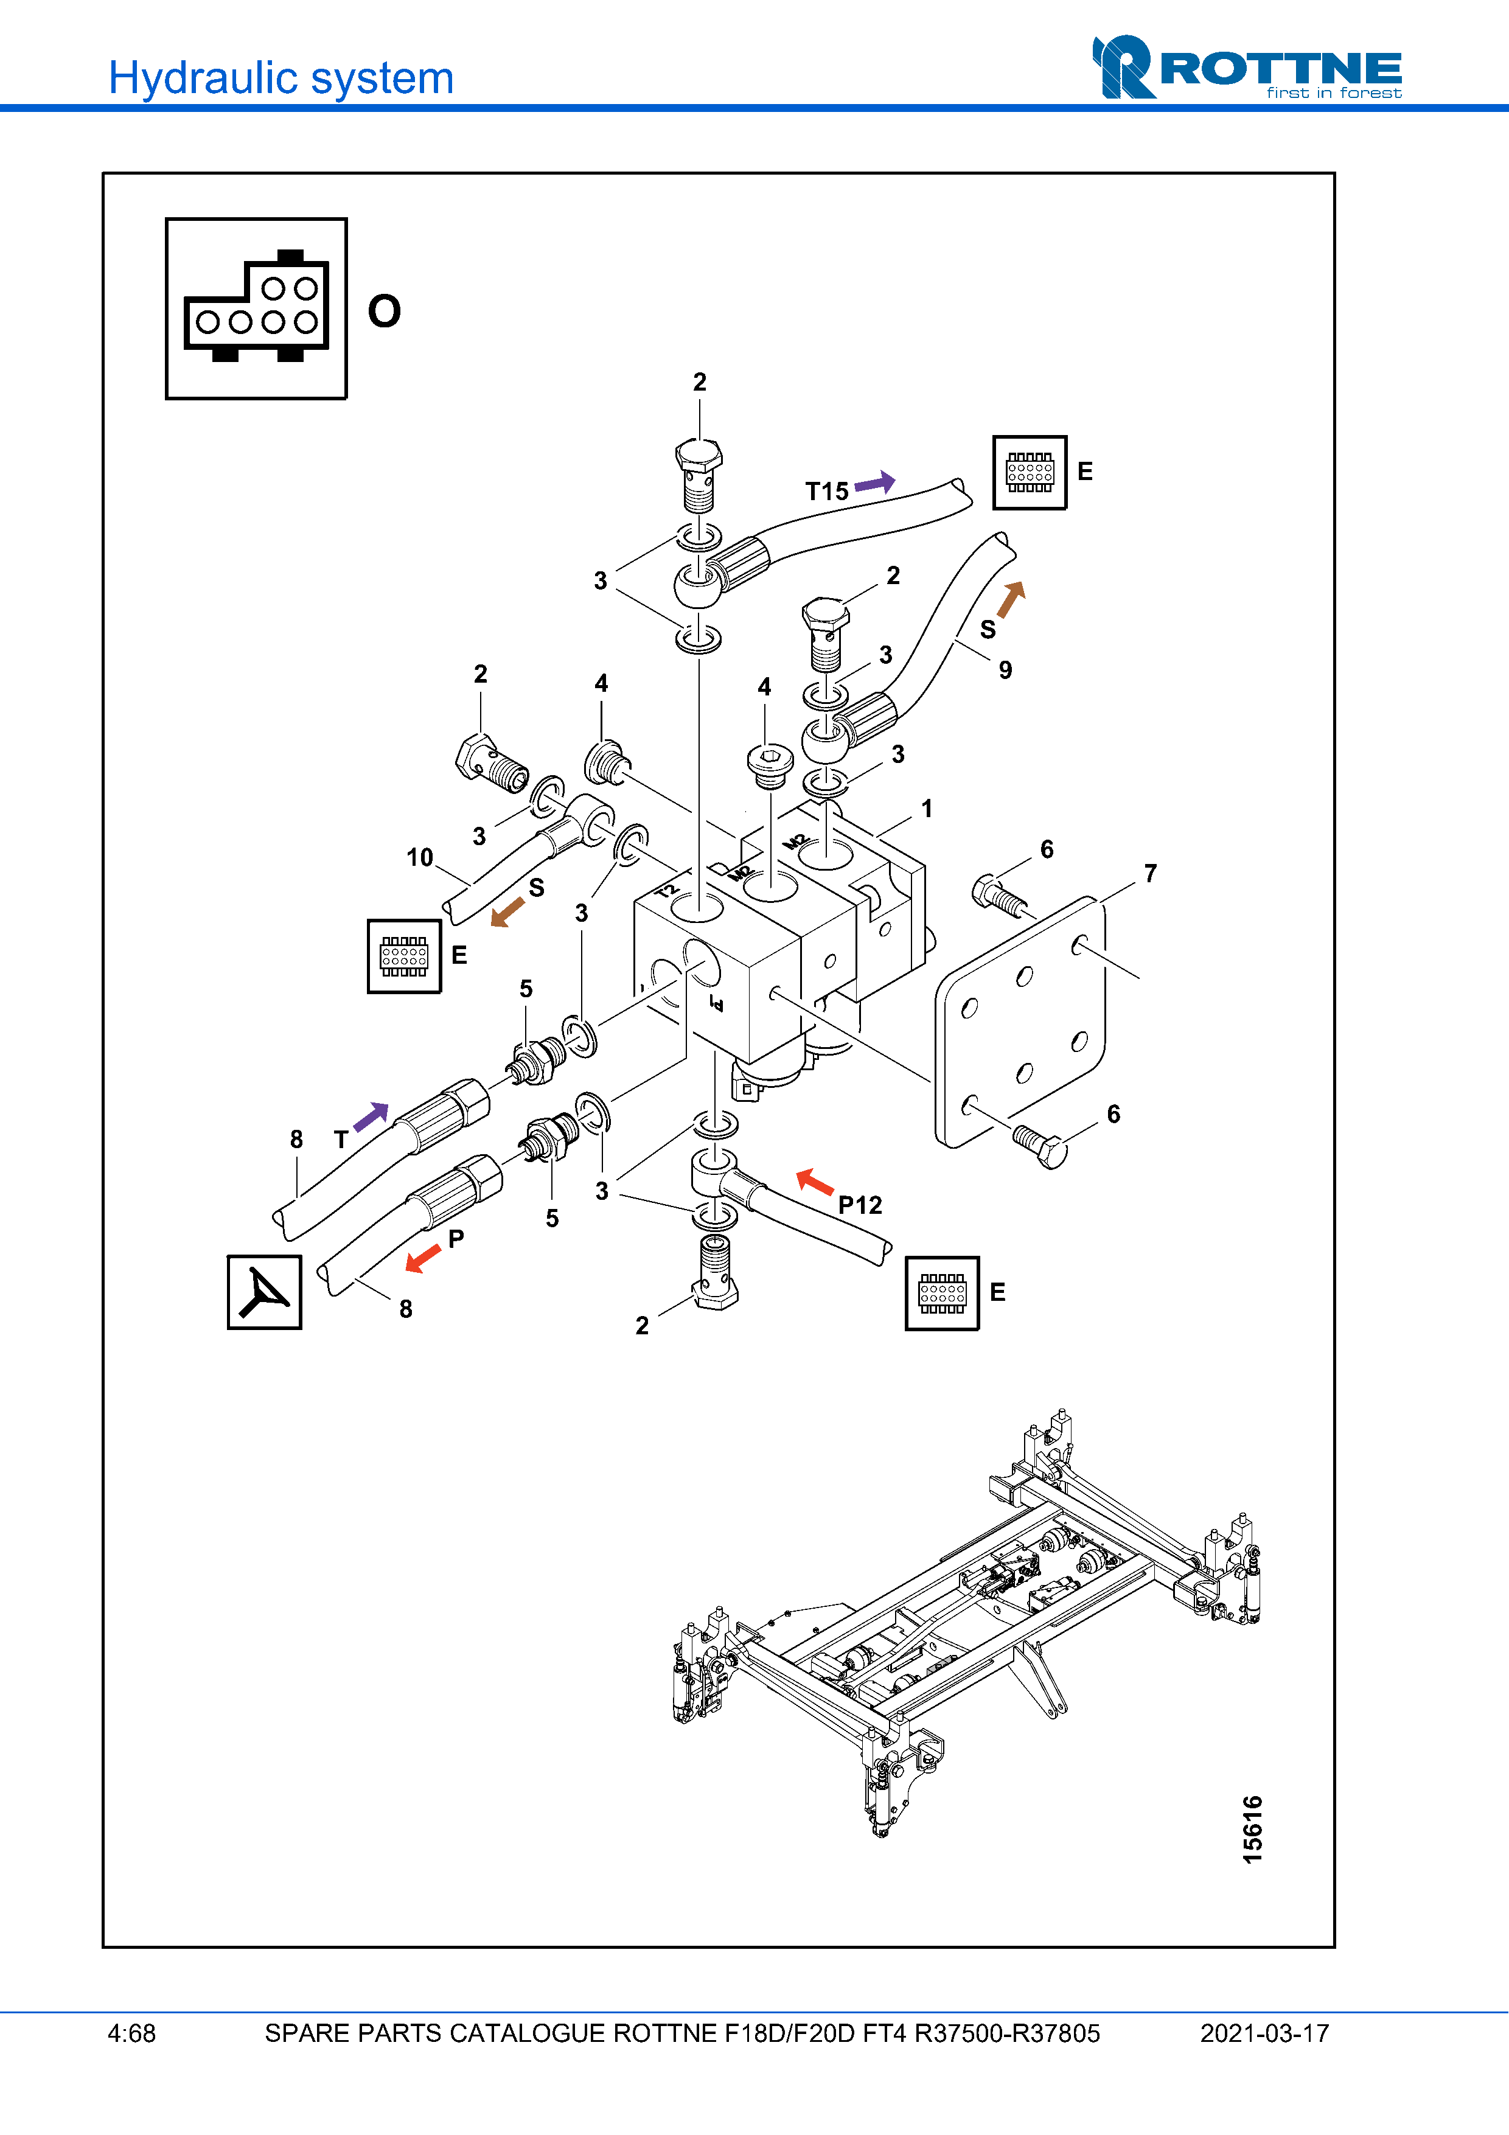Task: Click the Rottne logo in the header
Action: (x=1246, y=68)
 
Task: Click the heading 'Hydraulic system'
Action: (x=281, y=78)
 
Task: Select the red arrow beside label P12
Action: (x=815, y=1182)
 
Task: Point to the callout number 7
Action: (x=1150, y=873)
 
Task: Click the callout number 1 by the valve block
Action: (x=926, y=808)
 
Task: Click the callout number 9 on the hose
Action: (x=1005, y=669)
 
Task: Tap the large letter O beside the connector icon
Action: (x=384, y=310)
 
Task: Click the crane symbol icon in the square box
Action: (x=264, y=1292)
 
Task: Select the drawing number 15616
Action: (x=1252, y=1829)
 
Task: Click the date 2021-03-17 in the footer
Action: (x=1264, y=2033)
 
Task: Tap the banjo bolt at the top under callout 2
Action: (x=699, y=474)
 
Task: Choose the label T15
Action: (x=826, y=491)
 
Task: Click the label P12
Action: (x=859, y=1205)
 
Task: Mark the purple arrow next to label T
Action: (x=371, y=1116)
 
